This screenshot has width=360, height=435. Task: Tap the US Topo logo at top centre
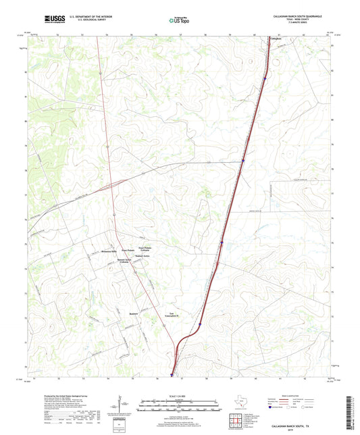pyautogui.click(x=178, y=20)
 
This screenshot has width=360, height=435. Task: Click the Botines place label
pyautogui.click(x=133, y=313)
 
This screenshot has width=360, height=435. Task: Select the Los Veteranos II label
pyautogui.click(x=176, y=313)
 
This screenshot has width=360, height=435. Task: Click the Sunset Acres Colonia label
pyautogui.click(x=124, y=261)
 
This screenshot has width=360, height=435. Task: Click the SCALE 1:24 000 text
pyautogui.click(x=179, y=396)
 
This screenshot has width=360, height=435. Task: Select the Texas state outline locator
pyautogui.click(x=241, y=400)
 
